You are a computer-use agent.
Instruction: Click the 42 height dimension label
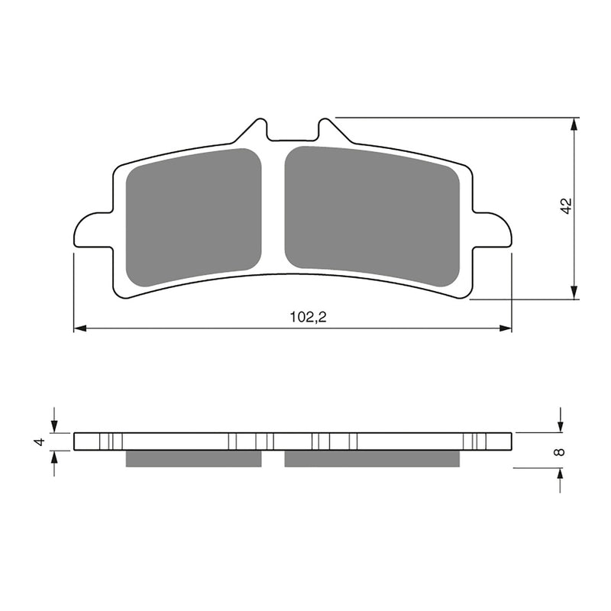pyautogui.click(x=565, y=207)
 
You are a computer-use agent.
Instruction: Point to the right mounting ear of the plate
pyautogui.click(x=493, y=229)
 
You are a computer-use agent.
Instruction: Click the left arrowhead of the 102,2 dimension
pyautogui.click(x=79, y=328)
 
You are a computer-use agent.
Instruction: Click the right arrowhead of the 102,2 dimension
pyautogui.click(x=506, y=328)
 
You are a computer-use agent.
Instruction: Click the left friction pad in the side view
pyautogui.click(x=193, y=457)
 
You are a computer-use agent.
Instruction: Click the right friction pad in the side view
pyautogui.click(x=372, y=457)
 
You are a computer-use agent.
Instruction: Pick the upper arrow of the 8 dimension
pyautogui.click(x=561, y=425)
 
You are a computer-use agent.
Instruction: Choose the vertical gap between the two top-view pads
pyautogui.click(x=273, y=214)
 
